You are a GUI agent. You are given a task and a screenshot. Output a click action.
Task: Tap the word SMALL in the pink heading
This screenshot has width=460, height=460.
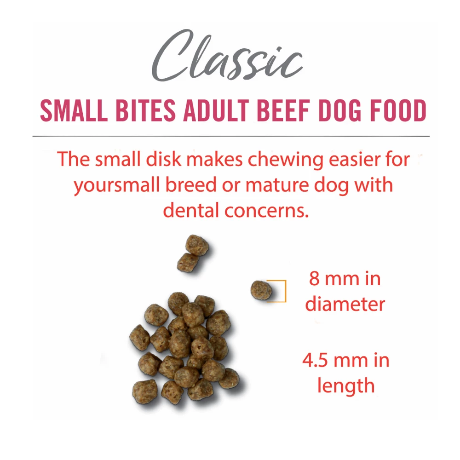pos(74,110)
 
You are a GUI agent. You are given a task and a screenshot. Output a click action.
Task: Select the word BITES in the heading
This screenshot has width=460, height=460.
pos(145,110)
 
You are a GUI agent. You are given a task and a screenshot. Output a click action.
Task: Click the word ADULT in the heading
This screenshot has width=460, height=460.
pos(216,110)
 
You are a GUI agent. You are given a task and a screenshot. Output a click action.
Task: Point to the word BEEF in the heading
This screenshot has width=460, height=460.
pos(283,110)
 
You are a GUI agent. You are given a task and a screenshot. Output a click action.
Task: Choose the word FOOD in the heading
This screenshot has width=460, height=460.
pos(398,110)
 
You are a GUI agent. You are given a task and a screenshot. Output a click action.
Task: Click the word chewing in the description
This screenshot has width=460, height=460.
pos(286,160)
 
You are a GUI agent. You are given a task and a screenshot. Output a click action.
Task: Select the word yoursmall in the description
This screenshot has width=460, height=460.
pos(117,186)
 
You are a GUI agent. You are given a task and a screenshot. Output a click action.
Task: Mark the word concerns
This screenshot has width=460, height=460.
pos(267,211)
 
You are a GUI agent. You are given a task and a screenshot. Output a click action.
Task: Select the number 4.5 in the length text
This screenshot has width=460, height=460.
pos(315,360)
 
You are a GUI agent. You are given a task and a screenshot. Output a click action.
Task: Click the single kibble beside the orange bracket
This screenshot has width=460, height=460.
pos(261,290)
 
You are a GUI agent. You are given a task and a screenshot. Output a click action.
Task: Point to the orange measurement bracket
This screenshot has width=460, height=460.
pos(285,291)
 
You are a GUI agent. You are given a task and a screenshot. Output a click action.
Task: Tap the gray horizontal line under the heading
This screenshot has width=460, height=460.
pos(231,137)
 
